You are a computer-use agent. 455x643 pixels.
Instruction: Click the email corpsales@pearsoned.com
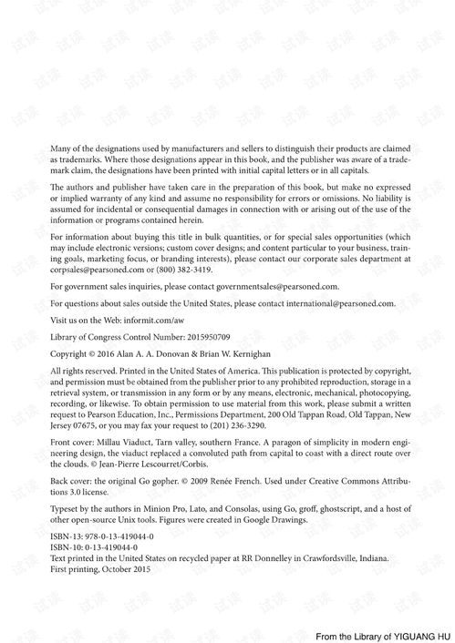92,270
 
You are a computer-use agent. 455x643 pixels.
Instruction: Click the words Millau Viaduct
119,441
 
